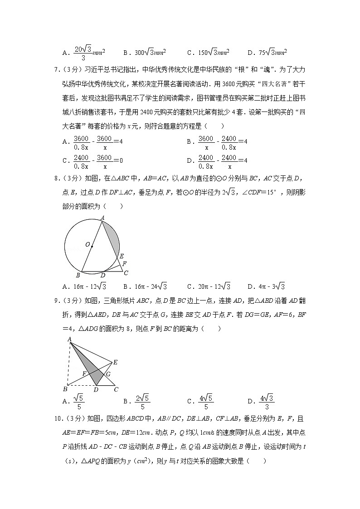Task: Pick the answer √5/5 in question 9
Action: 78,401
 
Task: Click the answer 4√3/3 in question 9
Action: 264,401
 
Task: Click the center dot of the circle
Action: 92,247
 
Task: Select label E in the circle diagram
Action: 122,257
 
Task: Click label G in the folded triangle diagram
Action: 108,374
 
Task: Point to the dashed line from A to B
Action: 68,363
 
